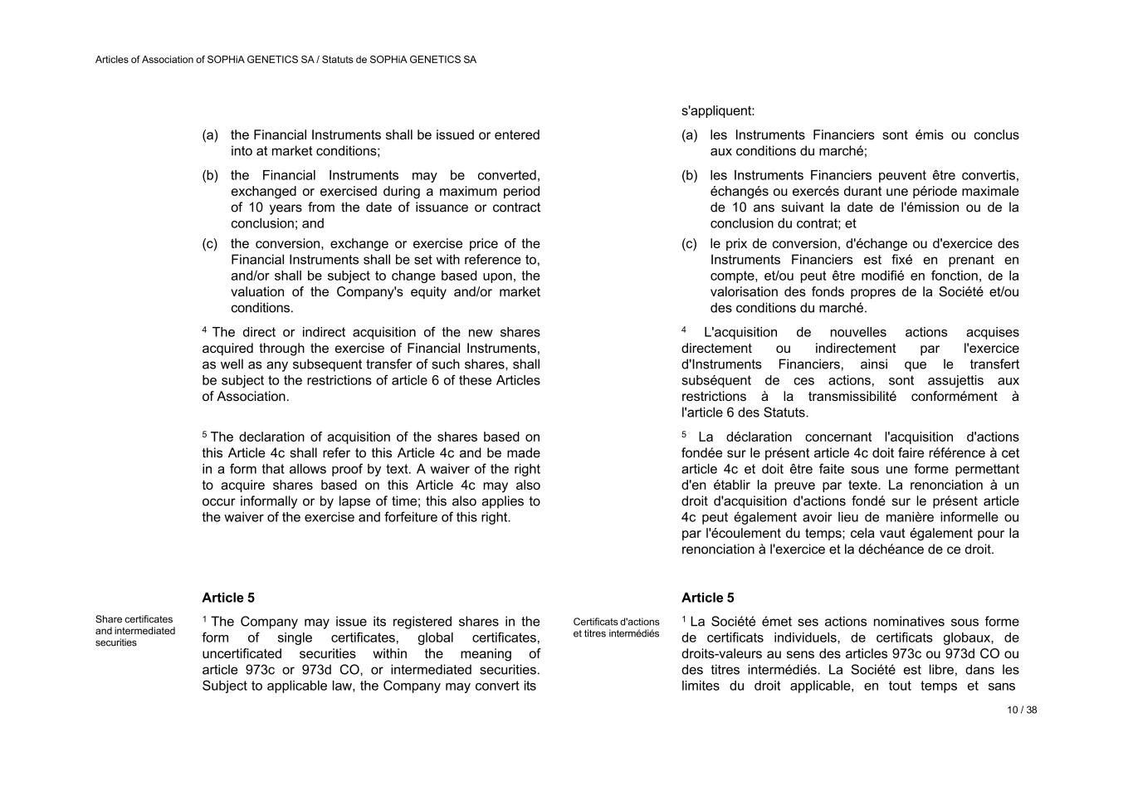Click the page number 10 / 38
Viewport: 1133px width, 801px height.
(1022, 710)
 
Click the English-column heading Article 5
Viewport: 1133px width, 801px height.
(228, 598)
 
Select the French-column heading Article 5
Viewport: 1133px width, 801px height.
(707, 598)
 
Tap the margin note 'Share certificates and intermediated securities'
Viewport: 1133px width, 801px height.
(135, 631)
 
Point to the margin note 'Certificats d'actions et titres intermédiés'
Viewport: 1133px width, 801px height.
(616, 628)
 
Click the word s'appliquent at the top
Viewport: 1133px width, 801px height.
(718, 110)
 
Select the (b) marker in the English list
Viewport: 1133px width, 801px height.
(210, 175)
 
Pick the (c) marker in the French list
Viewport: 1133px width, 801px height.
(689, 243)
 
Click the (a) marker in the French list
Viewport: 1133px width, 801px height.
(689, 134)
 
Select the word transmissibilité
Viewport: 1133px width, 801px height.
(845, 396)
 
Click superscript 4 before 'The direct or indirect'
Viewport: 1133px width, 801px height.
(204, 330)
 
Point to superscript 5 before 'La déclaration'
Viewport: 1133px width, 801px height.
(684, 433)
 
